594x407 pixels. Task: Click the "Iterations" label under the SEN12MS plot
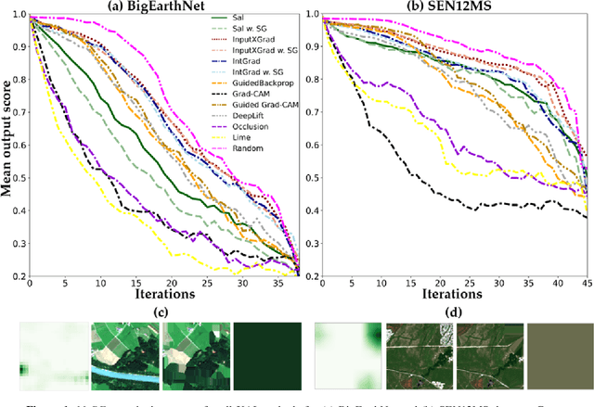pyautogui.click(x=453, y=294)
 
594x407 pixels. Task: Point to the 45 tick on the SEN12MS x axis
pyautogui.click(x=585, y=282)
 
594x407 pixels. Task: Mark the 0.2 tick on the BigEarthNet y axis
pyautogui.click(x=19, y=274)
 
